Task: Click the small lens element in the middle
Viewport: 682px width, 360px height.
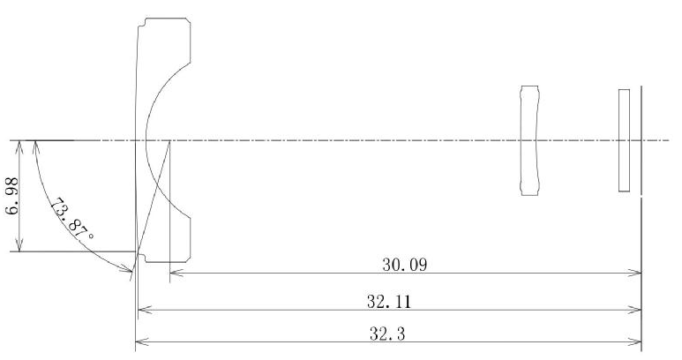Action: [x=528, y=140]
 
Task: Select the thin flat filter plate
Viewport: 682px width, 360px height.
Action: [x=624, y=140]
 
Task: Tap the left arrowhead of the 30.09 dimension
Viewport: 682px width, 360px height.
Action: [x=173, y=274]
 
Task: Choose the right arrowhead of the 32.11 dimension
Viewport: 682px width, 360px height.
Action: [x=637, y=311]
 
